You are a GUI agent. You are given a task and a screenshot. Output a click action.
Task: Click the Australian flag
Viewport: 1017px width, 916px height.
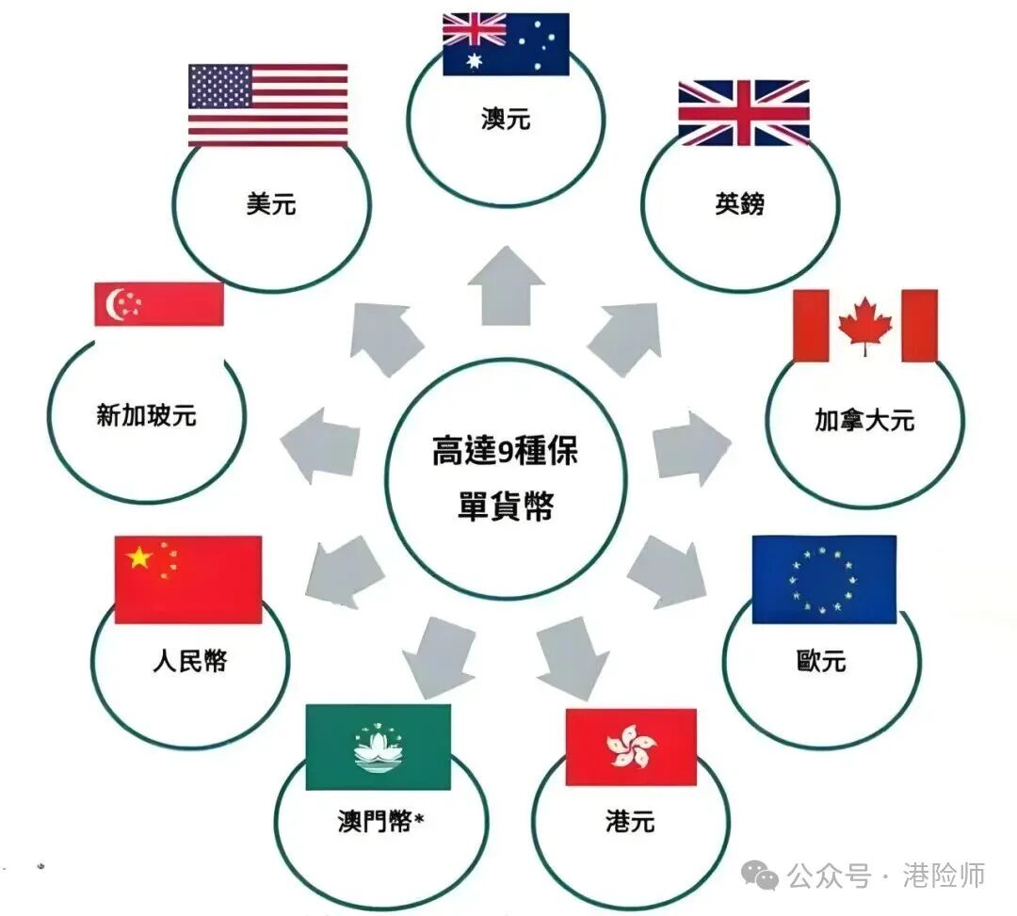coord(506,44)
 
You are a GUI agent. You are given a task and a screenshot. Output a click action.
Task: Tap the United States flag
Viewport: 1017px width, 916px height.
coord(267,104)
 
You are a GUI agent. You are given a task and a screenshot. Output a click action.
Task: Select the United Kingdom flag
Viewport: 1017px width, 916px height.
coord(744,113)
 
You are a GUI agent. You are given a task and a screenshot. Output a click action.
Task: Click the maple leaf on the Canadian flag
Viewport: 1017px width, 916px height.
coord(865,326)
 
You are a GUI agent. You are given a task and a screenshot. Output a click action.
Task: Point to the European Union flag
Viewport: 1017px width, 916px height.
coord(824,579)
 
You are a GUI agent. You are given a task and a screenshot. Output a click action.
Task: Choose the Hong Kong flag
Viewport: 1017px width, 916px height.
coord(630,747)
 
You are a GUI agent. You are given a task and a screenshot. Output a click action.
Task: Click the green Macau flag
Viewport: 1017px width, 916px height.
coord(379,747)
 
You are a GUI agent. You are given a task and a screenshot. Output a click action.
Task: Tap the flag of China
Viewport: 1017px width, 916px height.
coord(187,579)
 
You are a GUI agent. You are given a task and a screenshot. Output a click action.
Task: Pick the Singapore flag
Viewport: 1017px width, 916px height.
coord(159,304)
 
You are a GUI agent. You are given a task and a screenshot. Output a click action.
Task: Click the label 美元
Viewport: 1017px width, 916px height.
coord(271,203)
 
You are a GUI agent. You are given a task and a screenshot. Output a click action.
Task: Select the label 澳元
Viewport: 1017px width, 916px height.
coord(506,121)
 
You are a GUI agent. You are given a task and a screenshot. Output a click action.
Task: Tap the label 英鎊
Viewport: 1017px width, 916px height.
coord(739,203)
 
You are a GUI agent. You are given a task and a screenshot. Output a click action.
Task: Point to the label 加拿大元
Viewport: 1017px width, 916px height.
coord(864,420)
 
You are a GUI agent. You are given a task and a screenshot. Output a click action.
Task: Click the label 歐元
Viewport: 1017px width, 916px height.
coord(820,661)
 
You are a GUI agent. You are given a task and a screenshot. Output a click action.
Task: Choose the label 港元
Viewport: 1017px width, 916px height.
coord(630,822)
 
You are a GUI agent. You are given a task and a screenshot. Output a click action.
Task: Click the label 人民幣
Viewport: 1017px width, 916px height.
coord(189,661)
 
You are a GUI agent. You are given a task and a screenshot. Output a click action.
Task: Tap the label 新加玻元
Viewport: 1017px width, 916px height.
coord(147,415)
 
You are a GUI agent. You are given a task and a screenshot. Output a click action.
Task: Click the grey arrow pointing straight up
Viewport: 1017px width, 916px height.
coord(507,285)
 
